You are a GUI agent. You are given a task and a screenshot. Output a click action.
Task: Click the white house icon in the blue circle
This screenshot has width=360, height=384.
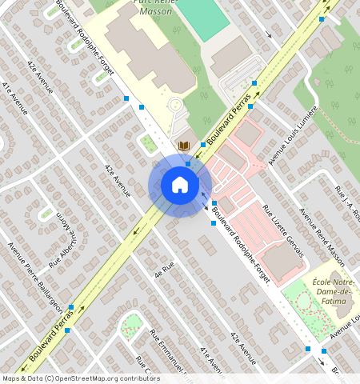tap(180, 186)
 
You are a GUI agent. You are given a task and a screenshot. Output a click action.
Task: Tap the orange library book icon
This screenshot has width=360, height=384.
tap(185, 145)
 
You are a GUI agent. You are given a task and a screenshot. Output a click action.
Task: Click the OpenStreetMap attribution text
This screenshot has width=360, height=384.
tap(81, 378)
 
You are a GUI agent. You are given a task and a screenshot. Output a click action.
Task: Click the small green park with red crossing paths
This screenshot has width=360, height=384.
tap(132, 323)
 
